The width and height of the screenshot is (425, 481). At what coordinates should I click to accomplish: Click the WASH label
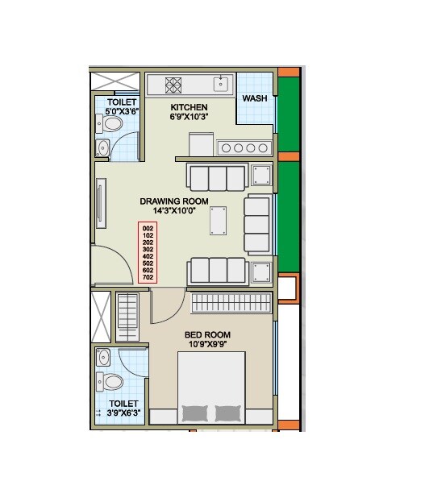click(x=255, y=98)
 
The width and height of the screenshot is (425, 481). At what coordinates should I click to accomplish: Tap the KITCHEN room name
click(x=189, y=107)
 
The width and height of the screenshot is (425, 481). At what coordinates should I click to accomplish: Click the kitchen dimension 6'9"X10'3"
click(x=189, y=118)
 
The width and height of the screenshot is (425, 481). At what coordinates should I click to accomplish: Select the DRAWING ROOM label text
click(x=173, y=201)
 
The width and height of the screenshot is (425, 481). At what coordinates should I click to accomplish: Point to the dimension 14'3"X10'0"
click(x=173, y=212)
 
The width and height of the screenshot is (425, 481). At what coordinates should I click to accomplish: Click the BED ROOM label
click(x=207, y=335)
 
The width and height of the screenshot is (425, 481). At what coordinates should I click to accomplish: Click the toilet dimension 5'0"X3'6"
click(x=122, y=112)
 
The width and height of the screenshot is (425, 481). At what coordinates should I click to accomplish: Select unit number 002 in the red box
click(x=147, y=228)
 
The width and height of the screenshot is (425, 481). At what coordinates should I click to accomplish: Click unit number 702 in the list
click(x=147, y=277)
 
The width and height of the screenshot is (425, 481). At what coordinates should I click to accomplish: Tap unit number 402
click(x=147, y=256)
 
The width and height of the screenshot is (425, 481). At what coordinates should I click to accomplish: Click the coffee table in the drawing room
click(x=218, y=219)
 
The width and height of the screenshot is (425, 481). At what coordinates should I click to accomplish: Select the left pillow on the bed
click(x=194, y=413)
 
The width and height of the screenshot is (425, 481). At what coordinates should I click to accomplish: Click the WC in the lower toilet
click(x=110, y=381)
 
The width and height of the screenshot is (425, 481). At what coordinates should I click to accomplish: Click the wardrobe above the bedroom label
click(x=231, y=303)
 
